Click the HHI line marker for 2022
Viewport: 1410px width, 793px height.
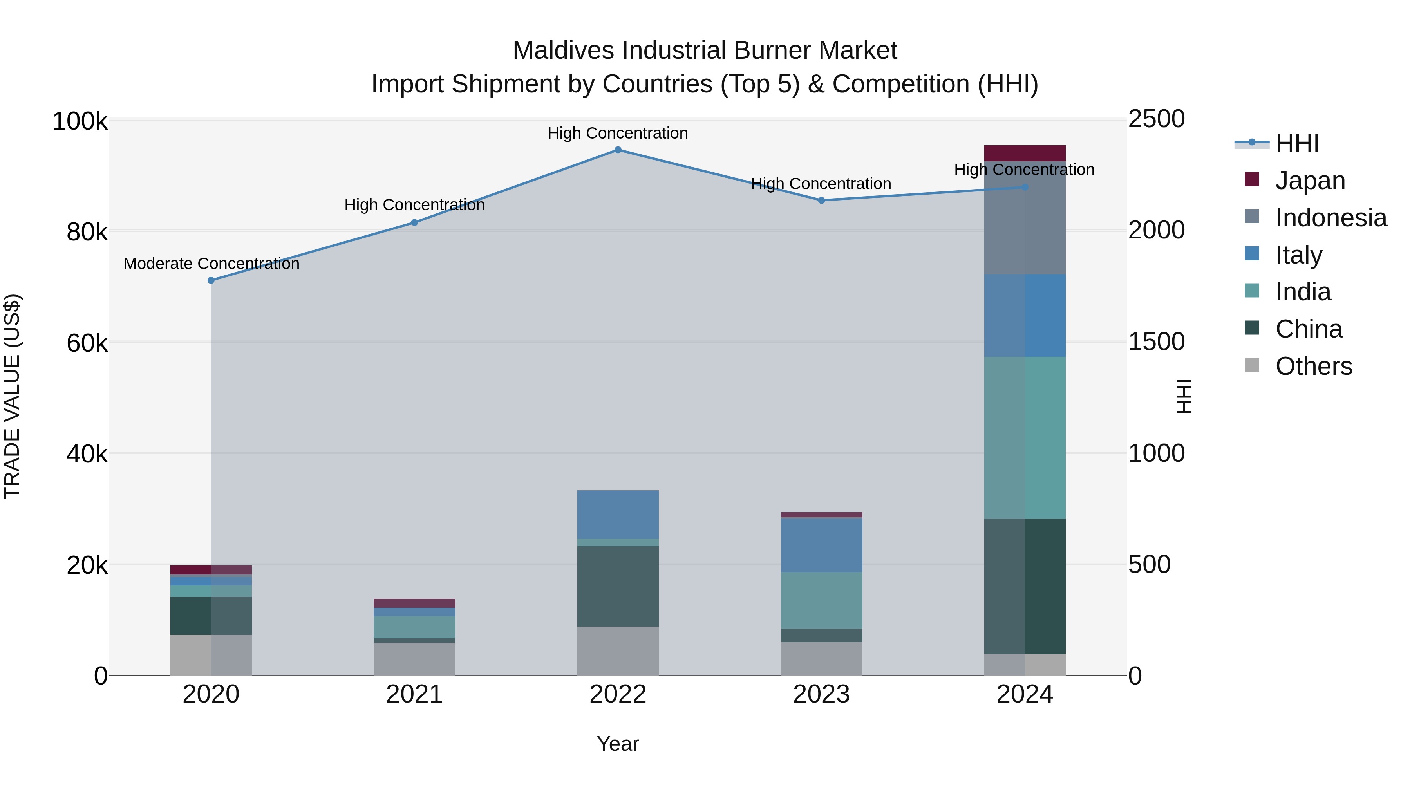(617, 150)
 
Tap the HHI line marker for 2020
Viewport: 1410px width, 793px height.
(211, 280)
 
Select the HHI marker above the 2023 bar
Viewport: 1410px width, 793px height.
(821, 200)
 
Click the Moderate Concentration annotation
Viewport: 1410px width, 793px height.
(211, 264)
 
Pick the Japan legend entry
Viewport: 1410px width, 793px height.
(1310, 180)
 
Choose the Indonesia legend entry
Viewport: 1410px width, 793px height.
(1330, 217)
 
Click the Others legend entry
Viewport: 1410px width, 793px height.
(1313, 366)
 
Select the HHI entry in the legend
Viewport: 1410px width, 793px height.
(1297, 143)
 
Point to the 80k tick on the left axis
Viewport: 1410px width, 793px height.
(87, 232)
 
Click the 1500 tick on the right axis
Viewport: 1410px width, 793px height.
(1156, 341)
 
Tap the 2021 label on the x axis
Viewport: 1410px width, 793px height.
(414, 694)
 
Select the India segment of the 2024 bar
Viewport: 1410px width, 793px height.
(1025, 438)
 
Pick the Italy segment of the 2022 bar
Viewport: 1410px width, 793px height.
(617, 515)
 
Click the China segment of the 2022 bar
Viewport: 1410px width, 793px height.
(617, 585)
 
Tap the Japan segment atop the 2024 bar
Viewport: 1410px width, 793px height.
(1025, 153)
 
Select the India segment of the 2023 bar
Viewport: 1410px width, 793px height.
(821, 600)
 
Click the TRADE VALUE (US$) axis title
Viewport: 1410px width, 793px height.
(12, 396)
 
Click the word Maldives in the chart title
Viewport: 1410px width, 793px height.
(563, 51)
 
